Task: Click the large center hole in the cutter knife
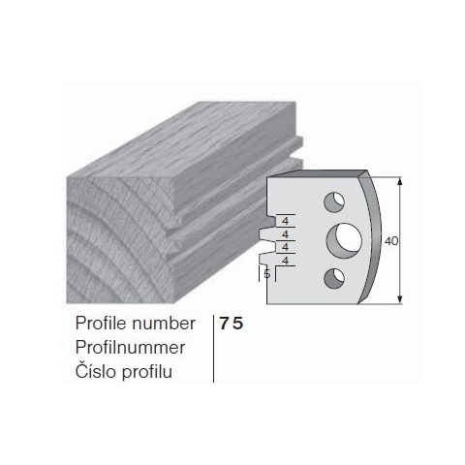click(x=344, y=240)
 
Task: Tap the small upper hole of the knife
click(x=334, y=202)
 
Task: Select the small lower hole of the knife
click(x=334, y=278)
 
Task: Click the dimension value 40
click(x=391, y=241)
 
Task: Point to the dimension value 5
click(x=267, y=274)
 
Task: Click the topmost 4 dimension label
click(x=285, y=221)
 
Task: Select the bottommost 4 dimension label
click(x=285, y=260)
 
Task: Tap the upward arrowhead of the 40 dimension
click(x=400, y=181)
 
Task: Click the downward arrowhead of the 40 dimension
click(x=400, y=299)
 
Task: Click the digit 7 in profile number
click(x=224, y=324)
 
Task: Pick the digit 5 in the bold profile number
click(x=238, y=324)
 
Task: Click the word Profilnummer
click(x=130, y=348)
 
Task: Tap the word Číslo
click(x=96, y=370)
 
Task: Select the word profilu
click(x=147, y=372)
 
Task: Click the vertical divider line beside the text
click(x=214, y=349)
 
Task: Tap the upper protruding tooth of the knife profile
click(x=264, y=234)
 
